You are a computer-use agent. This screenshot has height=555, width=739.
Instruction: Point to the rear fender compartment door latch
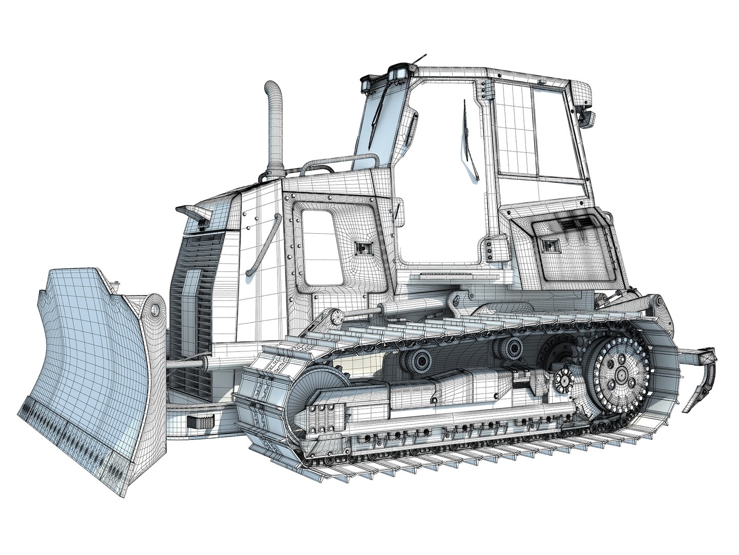click(552, 245)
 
